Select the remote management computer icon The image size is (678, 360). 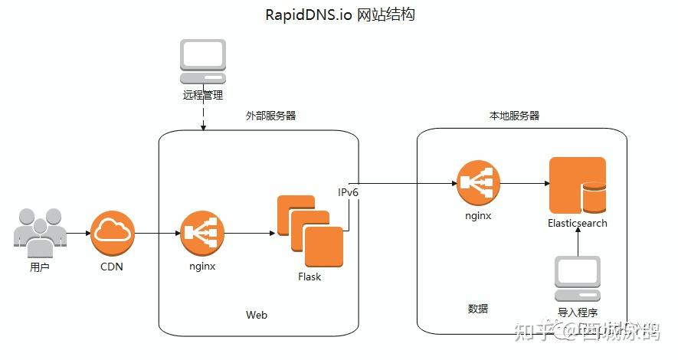point(203,62)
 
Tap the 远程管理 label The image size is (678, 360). point(203,96)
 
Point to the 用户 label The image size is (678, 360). point(40,267)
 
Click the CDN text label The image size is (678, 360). point(112,267)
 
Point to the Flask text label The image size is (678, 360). point(310,277)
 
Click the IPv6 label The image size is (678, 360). point(349,193)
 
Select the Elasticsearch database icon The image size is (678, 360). point(577,185)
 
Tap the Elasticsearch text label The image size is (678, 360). point(577,224)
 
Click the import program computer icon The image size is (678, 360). point(578,280)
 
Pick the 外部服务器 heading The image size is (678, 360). point(270,116)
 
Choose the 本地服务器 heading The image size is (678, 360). point(514,116)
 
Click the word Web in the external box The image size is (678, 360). point(257,315)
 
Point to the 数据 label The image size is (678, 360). point(478,309)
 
